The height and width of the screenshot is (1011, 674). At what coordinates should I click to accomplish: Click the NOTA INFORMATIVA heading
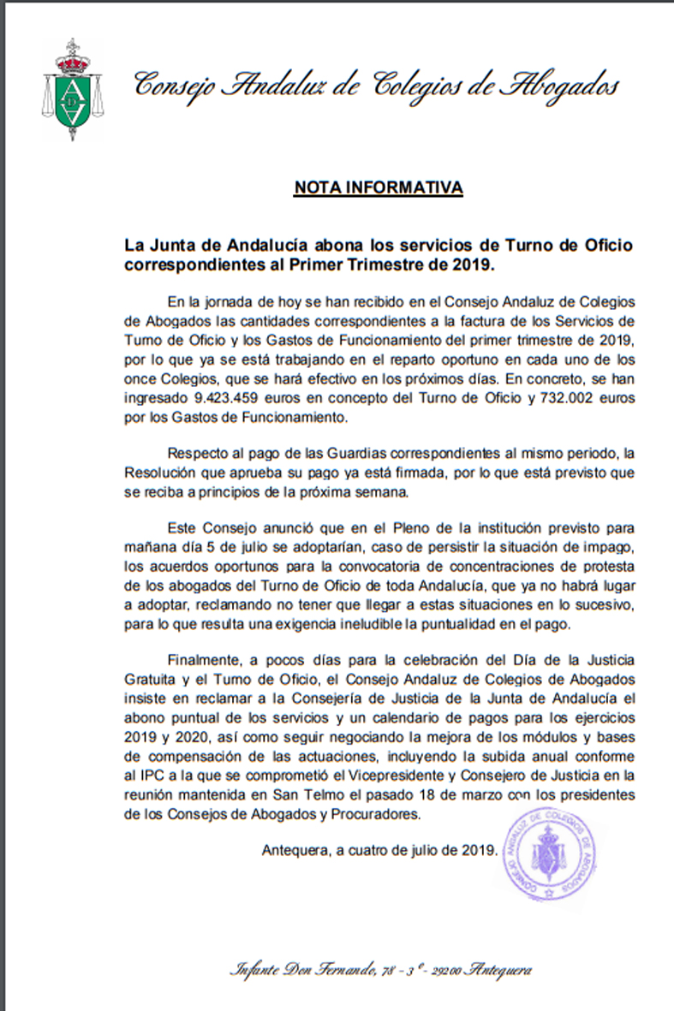tap(379, 187)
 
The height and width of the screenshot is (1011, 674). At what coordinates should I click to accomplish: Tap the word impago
tap(606, 546)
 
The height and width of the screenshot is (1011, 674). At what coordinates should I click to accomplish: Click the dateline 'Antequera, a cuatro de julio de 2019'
tap(379, 850)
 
